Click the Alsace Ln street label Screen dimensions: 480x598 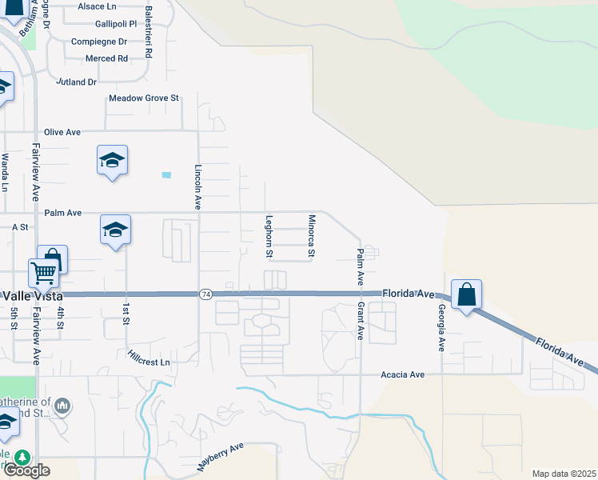(98, 6)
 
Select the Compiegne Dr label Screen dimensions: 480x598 (99, 42)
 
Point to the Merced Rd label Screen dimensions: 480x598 (107, 58)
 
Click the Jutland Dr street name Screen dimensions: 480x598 (76, 82)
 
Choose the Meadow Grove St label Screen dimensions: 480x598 (145, 99)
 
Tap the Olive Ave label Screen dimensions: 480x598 (63, 132)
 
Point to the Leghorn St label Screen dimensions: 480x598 (269, 236)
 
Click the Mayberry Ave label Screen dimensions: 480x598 (220, 457)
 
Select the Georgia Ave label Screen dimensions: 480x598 (440, 328)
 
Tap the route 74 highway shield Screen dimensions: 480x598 (206, 294)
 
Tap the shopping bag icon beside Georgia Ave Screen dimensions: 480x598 (467, 294)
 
